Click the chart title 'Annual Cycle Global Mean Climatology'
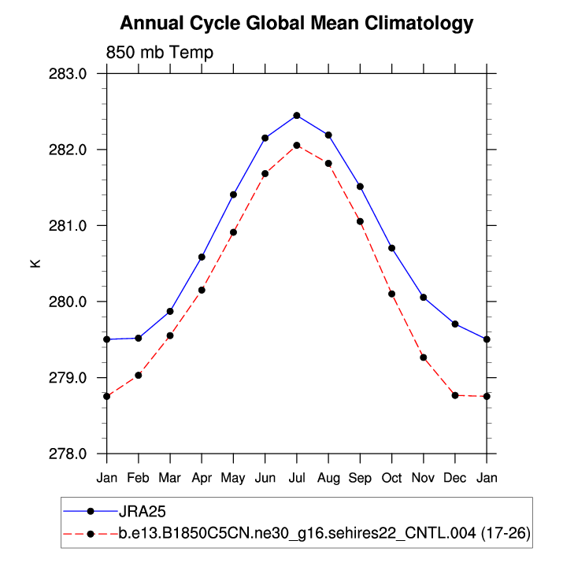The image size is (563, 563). point(297,23)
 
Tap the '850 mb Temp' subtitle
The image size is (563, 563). point(160,53)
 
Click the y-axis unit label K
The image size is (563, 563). point(35,263)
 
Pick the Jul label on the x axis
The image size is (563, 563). point(297,477)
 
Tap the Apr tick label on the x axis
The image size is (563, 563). point(202,477)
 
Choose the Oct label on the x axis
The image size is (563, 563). point(391,477)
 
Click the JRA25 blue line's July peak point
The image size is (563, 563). point(297,116)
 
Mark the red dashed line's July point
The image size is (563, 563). point(297,145)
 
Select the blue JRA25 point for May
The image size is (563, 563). point(234,194)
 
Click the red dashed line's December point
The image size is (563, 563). point(455,395)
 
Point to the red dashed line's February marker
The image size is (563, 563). point(139,375)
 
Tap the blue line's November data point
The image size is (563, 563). point(424,298)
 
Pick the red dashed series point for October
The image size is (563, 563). point(391,294)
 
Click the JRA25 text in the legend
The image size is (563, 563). point(142,513)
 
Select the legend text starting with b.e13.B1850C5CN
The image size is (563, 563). point(324,534)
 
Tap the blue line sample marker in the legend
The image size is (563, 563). point(91,513)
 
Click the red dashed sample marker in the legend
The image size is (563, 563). point(91,534)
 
